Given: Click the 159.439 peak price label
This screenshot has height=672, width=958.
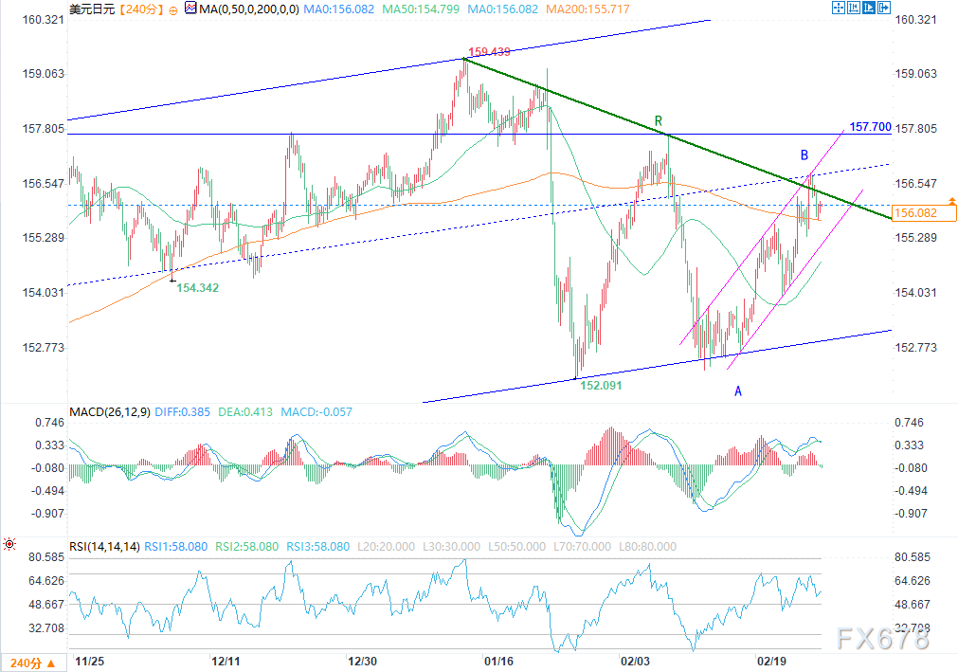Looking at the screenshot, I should tap(490, 52).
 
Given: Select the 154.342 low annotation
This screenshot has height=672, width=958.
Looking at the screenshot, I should tap(197, 287).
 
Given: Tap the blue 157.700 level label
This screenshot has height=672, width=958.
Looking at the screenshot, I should tap(870, 126).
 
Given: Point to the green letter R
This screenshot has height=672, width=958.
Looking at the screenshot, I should tap(658, 121).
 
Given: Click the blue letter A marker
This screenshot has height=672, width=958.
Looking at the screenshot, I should tap(737, 390).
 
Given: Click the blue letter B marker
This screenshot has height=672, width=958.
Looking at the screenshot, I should tap(804, 154).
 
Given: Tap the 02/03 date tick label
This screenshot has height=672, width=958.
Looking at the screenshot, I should tap(635, 660).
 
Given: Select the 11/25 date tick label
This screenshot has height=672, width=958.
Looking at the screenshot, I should tap(90, 660).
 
